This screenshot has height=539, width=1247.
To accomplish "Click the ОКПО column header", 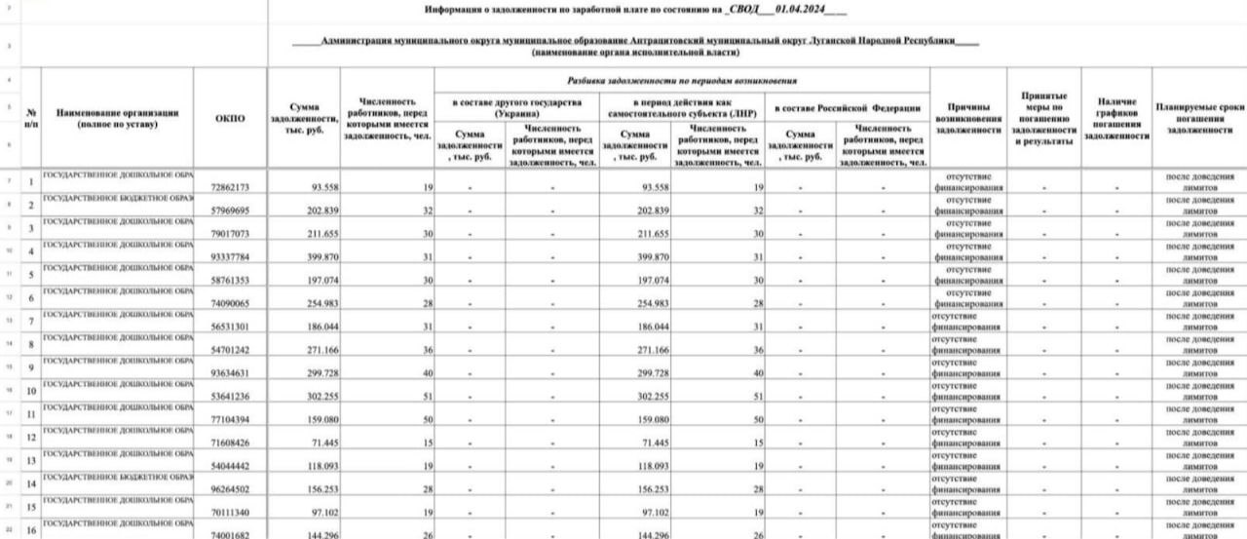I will [230, 119].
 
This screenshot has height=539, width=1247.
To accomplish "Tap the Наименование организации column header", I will [118, 119].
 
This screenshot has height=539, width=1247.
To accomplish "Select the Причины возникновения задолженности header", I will [968, 118].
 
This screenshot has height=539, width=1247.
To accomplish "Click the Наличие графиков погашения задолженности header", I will [1116, 118].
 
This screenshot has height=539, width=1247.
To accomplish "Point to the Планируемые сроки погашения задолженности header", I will [1199, 118].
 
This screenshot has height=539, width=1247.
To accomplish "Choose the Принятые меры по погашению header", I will [1042, 118].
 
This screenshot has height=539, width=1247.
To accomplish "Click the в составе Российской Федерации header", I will [848, 107].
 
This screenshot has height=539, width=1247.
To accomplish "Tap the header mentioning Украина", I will [516, 107].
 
